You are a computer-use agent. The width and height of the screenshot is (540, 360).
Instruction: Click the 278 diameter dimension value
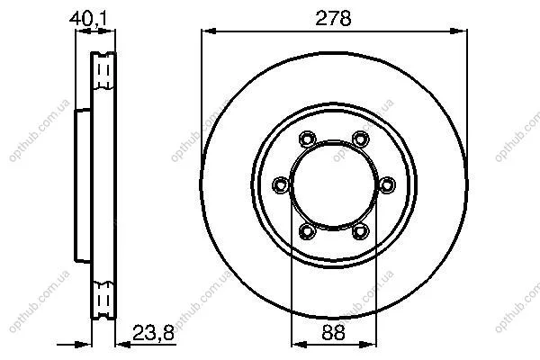point(333,18)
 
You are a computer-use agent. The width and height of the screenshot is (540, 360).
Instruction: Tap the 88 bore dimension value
point(333,333)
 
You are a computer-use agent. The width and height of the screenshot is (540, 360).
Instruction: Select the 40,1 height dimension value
point(88,19)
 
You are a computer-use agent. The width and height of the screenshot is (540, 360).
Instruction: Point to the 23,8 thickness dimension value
point(153,333)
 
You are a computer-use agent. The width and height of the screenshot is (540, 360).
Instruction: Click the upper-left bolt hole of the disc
point(307,139)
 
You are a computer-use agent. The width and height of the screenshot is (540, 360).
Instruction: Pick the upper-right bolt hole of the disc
point(361,139)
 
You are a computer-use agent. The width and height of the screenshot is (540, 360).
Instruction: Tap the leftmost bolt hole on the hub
point(280,185)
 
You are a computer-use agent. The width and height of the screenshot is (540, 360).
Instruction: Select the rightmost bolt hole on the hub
point(387,185)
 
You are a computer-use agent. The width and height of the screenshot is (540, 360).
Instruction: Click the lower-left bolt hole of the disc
point(307,231)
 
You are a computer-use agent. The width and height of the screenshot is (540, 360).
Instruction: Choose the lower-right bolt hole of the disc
point(361,231)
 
